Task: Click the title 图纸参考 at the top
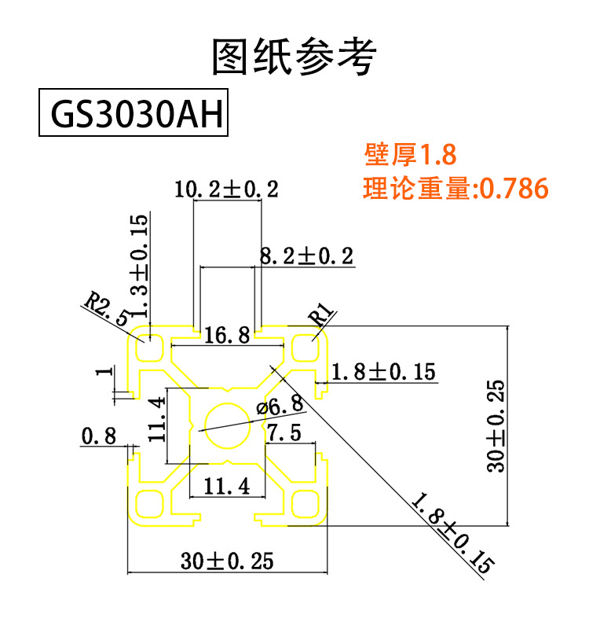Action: click(x=294, y=57)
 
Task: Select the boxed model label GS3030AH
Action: click(x=134, y=116)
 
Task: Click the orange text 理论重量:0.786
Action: click(x=455, y=189)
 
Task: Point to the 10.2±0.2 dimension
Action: click(x=227, y=189)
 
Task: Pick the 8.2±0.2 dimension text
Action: click(x=306, y=256)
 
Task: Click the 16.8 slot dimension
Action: click(x=227, y=336)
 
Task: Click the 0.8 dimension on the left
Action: click(x=99, y=435)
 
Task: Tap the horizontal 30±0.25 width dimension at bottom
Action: click(x=227, y=561)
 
